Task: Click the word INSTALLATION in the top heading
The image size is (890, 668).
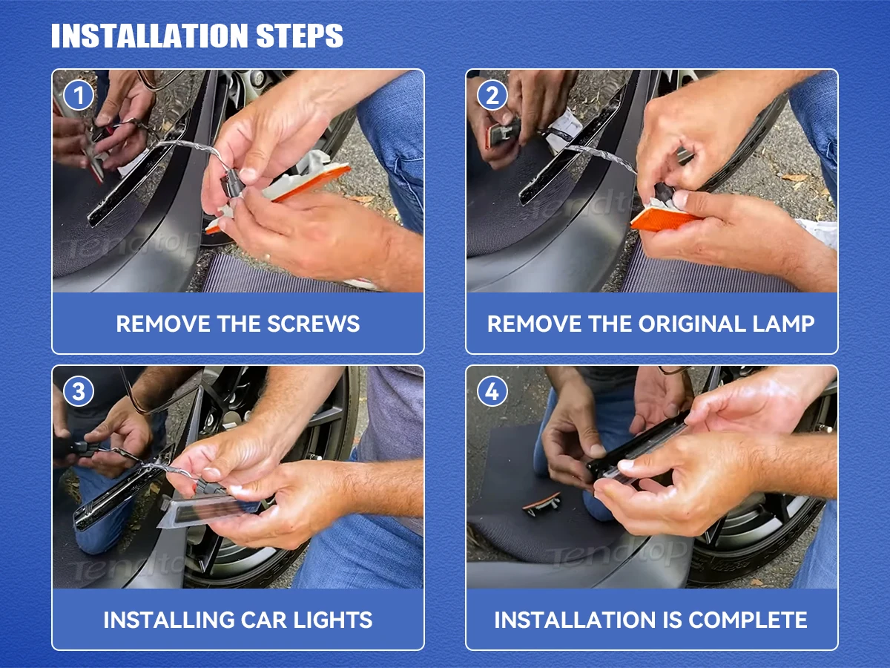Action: pos(149,36)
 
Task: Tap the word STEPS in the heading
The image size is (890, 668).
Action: pos(300,36)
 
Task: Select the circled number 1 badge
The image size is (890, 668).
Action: pos(79,95)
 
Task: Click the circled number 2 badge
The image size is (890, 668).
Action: pos(492,95)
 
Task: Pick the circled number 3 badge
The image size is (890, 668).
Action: pos(79,391)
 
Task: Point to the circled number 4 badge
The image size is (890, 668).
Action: pos(492,391)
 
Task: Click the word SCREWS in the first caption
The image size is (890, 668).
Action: pos(314,324)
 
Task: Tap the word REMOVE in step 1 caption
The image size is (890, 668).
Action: pos(163,324)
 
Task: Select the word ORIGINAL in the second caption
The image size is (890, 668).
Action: pos(692,324)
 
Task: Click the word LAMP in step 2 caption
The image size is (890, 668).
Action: pos(783,324)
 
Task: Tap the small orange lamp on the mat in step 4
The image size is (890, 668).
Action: pos(541,503)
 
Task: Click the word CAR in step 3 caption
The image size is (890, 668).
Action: pos(263,620)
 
